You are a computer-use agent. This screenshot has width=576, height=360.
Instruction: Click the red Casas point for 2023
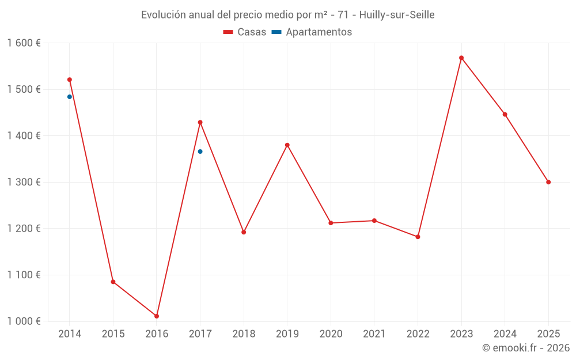click(461, 58)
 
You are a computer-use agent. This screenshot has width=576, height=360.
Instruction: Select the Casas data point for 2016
click(157, 316)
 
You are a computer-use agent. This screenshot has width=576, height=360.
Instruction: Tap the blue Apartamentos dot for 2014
click(70, 97)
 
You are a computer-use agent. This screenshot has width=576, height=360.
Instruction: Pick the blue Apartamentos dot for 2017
click(200, 151)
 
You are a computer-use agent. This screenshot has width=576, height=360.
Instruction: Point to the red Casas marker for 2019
click(287, 145)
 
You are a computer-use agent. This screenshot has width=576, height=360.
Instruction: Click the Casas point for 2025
click(548, 182)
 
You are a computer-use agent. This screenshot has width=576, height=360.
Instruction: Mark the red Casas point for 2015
click(113, 282)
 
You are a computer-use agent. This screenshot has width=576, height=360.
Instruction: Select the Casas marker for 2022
click(418, 237)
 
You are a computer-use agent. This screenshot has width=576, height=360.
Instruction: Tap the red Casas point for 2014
click(70, 79)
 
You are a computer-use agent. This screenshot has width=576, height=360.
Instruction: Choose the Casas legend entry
click(245, 32)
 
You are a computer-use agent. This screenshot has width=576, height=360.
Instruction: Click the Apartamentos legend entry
click(312, 32)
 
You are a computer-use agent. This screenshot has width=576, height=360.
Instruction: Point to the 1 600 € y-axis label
click(24, 43)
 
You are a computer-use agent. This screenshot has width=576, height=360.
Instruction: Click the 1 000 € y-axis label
click(24, 321)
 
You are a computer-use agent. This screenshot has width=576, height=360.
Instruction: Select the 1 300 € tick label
click(24, 182)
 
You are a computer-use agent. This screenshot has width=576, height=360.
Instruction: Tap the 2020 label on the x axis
click(331, 334)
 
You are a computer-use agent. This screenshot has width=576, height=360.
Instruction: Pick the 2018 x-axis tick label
click(244, 334)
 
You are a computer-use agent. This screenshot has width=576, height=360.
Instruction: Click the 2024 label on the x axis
click(505, 334)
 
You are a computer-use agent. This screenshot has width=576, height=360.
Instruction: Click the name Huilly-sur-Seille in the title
click(397, 15)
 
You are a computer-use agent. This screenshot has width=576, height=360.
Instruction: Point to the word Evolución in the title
click(164, 15)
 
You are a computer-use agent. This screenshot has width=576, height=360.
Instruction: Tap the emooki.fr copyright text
click(526, 348)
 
